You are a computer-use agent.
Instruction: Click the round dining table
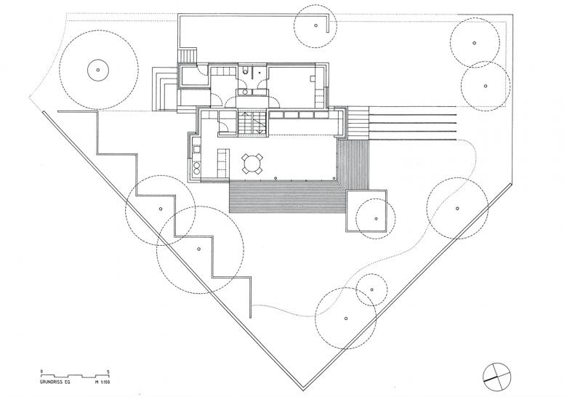[252, 164]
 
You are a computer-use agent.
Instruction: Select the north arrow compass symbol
[496, 377]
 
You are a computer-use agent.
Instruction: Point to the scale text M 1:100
[102, 382]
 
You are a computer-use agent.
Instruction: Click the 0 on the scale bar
[42, 372]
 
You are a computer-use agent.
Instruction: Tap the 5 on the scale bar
[108, 372]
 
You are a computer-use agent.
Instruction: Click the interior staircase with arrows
[252, 123]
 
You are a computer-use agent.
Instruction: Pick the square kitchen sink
[197, 149]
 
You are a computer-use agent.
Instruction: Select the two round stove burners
[197, 169]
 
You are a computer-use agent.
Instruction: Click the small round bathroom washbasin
[245, 92]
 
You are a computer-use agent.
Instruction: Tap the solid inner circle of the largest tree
[98, 70]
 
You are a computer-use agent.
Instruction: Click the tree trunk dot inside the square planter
[376, 218]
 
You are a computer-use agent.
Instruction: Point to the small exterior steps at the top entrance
[188, 56]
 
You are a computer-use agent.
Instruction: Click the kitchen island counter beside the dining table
[222, 163]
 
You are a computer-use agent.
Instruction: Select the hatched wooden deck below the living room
[288, 197]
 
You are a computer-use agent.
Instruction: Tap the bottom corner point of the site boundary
[303, 390]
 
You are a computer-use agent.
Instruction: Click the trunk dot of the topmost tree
[315, 25]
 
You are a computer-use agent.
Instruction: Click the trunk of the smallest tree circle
[371, 289]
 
